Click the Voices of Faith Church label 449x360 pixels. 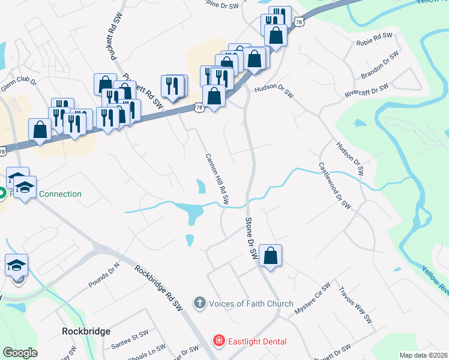tap(251, 304)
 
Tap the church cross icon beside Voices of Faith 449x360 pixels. tap(200, 304)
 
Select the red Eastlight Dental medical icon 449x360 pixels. tap(220, 341)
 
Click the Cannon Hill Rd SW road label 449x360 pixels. tap(217, 179)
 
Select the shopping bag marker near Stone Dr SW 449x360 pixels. tap(271, 256)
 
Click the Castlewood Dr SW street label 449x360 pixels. tap(334, 185)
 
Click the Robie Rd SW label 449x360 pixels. tap(373, 40)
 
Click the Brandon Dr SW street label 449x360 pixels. tap(380, 65)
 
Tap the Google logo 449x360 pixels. tap(20, 353)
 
